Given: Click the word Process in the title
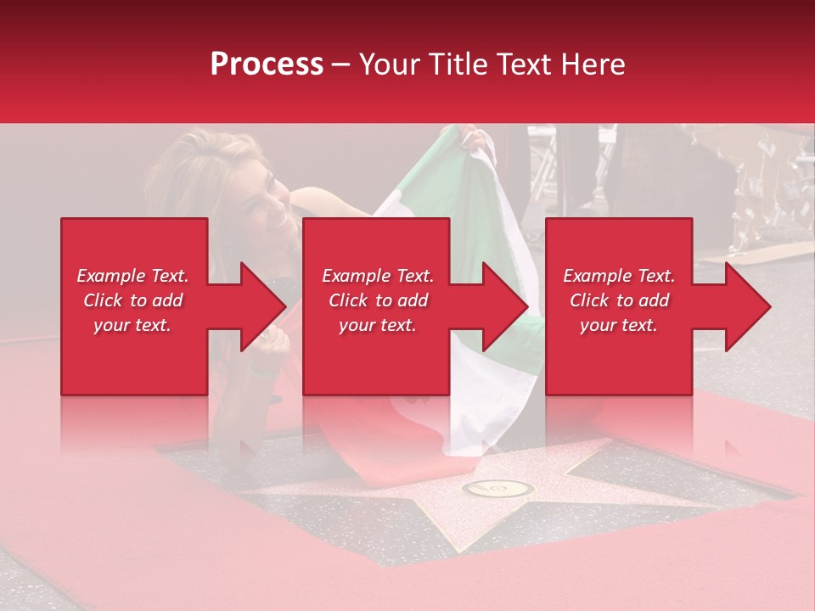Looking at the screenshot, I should (267, 64).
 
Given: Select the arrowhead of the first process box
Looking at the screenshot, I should (264, 306).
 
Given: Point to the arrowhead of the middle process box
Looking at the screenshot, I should (506, 306).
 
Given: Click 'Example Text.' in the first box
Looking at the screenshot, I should (132, 276).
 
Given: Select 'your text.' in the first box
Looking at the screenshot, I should (132, 325).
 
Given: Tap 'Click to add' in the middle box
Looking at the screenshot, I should (378, 300).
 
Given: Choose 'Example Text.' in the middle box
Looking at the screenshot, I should (378, 276).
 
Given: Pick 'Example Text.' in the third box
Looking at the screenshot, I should (619, 276).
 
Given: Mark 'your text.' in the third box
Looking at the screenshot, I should (619, 325).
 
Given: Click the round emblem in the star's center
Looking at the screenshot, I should (497, 489).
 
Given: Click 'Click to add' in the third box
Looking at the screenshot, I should (619, 300).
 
